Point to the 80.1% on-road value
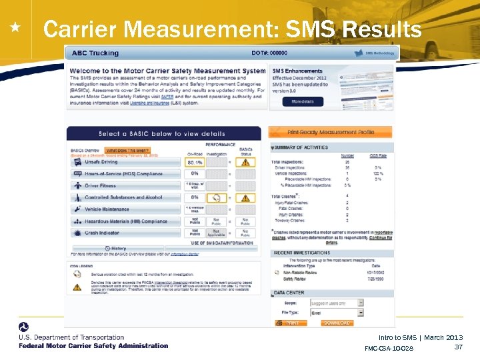[x=195, y=161]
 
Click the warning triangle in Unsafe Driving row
[x=246, y=161]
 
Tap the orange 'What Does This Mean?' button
[x=129, y=151]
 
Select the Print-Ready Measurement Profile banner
[x=331, y=133]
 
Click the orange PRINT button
[x=292, y=323]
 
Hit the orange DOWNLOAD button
[x=337, y=323]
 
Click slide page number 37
[x=458, y=347]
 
